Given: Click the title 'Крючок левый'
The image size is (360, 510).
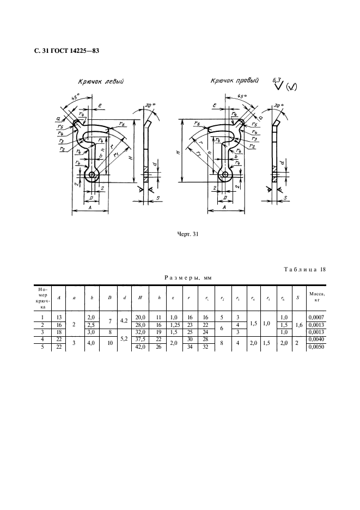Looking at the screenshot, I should [101, 83].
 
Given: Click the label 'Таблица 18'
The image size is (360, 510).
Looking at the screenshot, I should [305, 270].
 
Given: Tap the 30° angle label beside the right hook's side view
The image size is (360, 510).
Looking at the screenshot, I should [279, 105].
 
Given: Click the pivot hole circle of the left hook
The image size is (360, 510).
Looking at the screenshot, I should [92, 174].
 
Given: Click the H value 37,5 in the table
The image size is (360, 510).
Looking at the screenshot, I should [140, 338].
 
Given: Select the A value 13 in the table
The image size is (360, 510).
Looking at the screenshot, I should [59, 317].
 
